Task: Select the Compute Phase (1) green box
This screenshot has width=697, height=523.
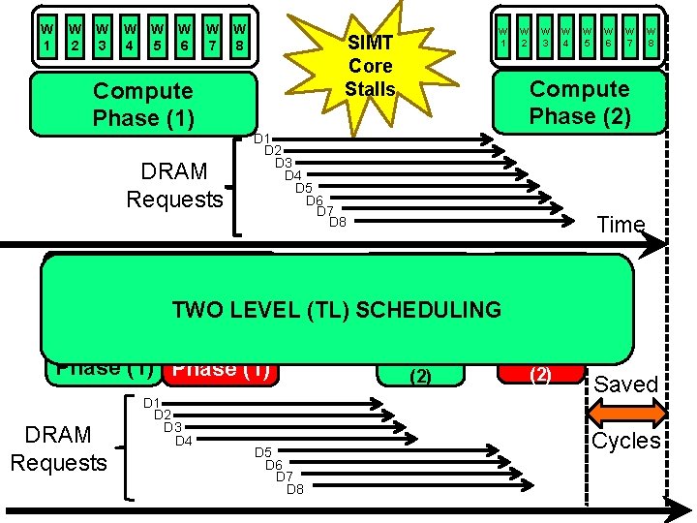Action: pos(143,105)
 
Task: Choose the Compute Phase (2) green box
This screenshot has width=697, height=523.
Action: pos(579,103)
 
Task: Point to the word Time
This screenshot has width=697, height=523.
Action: pos(621,225)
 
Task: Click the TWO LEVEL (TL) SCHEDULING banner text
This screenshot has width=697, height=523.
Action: pos(336,310)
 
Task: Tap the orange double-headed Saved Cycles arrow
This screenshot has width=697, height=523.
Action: pos(626,413)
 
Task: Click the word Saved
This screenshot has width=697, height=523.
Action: pos(626,385)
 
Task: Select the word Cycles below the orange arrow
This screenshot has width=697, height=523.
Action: pos(626,442)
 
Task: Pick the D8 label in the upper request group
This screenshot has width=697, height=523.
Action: pos(337,223)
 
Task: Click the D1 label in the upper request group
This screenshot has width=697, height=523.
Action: pos(262,139)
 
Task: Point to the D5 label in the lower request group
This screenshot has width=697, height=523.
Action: pos(262,452)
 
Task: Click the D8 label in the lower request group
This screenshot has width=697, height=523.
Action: pos(295,488)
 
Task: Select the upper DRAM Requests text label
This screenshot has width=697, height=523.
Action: pos(174,185)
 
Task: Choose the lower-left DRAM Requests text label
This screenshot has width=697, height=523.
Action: pos(58,448)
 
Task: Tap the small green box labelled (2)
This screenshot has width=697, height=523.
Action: pos(420,373)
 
